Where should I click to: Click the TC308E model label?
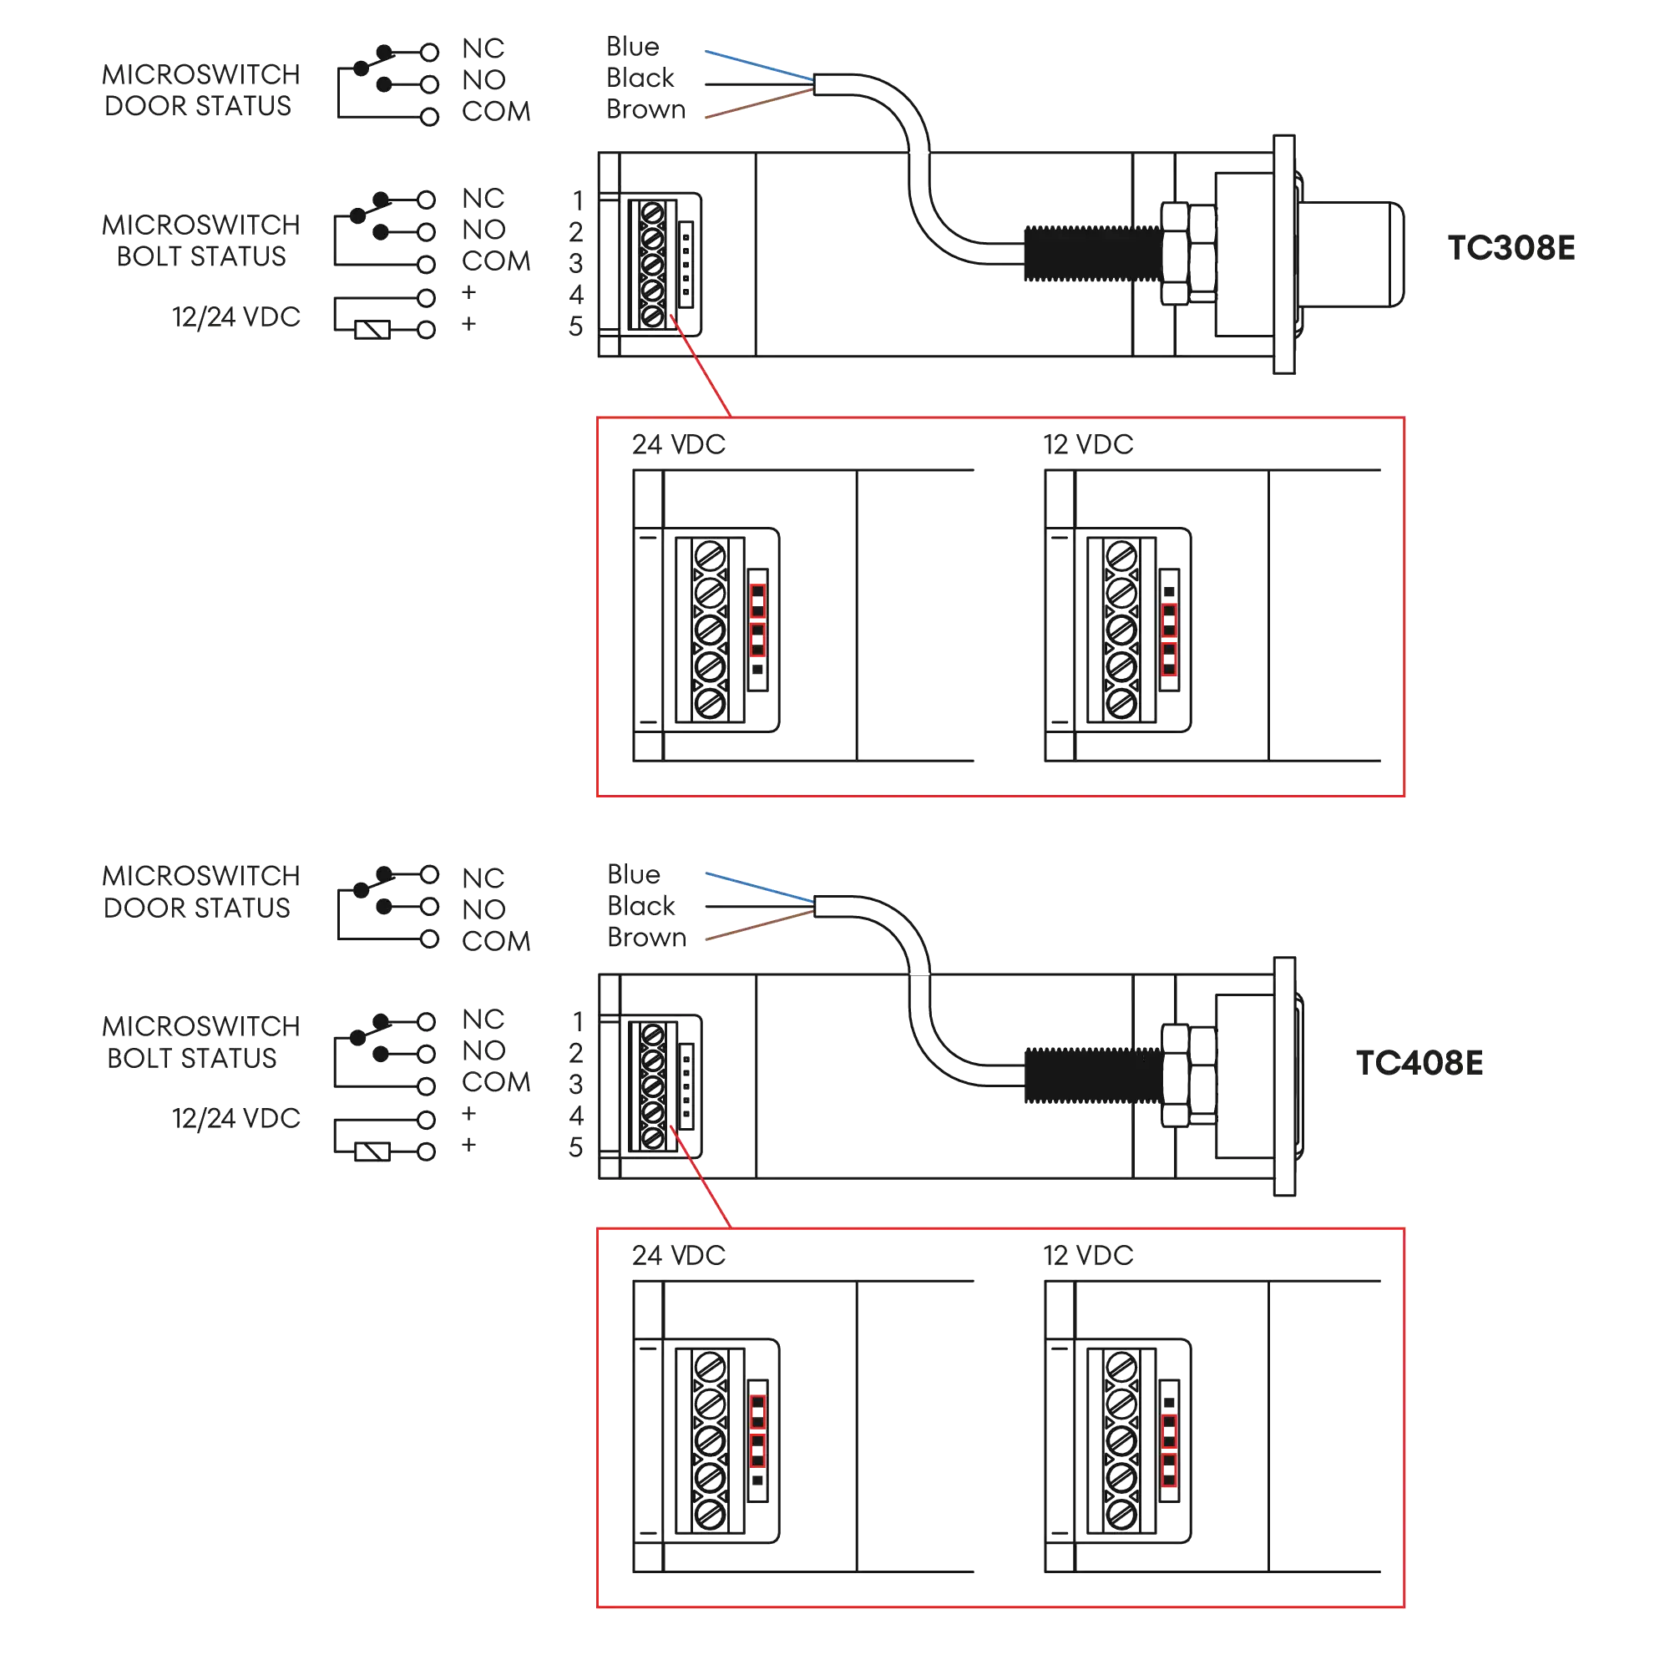(x=1509, y=248)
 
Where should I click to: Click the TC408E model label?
(x=1419, y=1062)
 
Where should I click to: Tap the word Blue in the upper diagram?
(x=633, y=46)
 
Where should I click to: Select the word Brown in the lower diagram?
(x=646, y=937)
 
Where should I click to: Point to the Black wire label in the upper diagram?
(x=640, y=78)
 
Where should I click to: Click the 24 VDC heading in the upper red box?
(x=677, y=444)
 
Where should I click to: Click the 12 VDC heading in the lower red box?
(x=1087, y=1256)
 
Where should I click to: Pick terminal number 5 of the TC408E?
(x=576, y=1147)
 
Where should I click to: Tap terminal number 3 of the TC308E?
(x=576, y=263)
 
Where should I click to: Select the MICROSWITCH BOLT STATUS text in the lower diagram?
(x=200, y=1041)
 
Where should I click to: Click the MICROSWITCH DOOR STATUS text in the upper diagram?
(x=200, y=90)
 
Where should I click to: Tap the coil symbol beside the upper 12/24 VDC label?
(x=374, y=328)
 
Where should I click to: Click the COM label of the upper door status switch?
(x=496, y=112)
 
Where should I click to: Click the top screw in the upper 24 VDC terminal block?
(x=710, y=555)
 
